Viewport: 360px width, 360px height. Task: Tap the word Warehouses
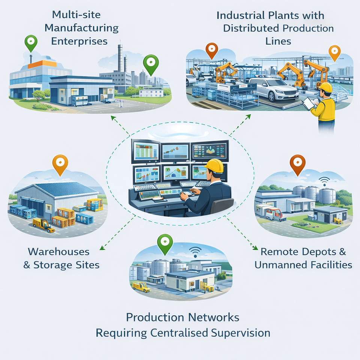(59, 251)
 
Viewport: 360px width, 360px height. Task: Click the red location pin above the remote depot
(298, 164)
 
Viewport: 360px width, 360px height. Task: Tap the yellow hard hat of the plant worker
(325, 87)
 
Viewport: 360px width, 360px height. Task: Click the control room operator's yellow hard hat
(214, 165)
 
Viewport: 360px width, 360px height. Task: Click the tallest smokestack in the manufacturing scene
(120, 58)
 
